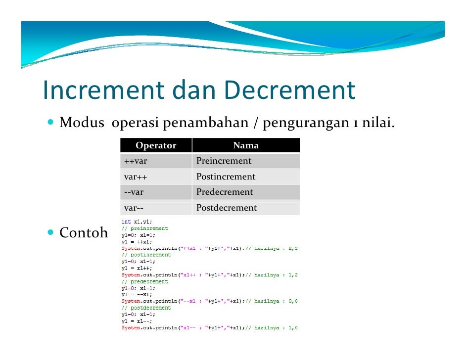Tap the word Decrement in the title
pos(290,90)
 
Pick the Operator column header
pos(156,145)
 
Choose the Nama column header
pos(246,145)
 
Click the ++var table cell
pos(136,161)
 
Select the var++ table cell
pos(136,177)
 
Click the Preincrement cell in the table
pos(224,161)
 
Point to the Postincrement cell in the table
pos(226,177)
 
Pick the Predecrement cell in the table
pos(225,192)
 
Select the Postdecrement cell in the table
pos(227,208)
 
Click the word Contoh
pos(84,233)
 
